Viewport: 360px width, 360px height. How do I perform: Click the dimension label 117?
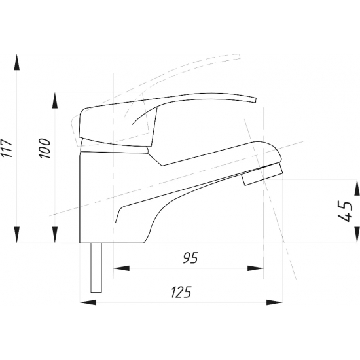click(x=7, y=149)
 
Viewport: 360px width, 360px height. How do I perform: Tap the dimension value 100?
click(x=45, y=149)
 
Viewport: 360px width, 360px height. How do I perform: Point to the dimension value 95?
click(x=190, y=258)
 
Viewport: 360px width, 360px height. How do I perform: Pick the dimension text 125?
click(x=181, y=292)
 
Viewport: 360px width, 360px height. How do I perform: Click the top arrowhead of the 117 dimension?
click(x=17, y=62)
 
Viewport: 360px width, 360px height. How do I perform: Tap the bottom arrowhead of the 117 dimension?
click(x=17, y=234)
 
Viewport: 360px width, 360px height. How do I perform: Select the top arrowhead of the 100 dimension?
click(x=55, y=100)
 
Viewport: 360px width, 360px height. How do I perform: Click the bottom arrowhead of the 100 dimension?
click(x=55, y=234)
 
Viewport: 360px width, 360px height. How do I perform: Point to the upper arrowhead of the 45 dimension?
click(x=357, y=188)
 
